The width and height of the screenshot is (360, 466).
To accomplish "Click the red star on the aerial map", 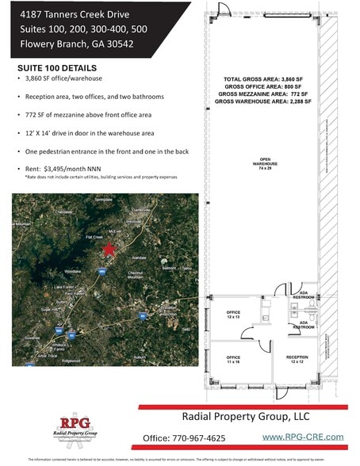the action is pyautogui.click(x=108, y=250).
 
